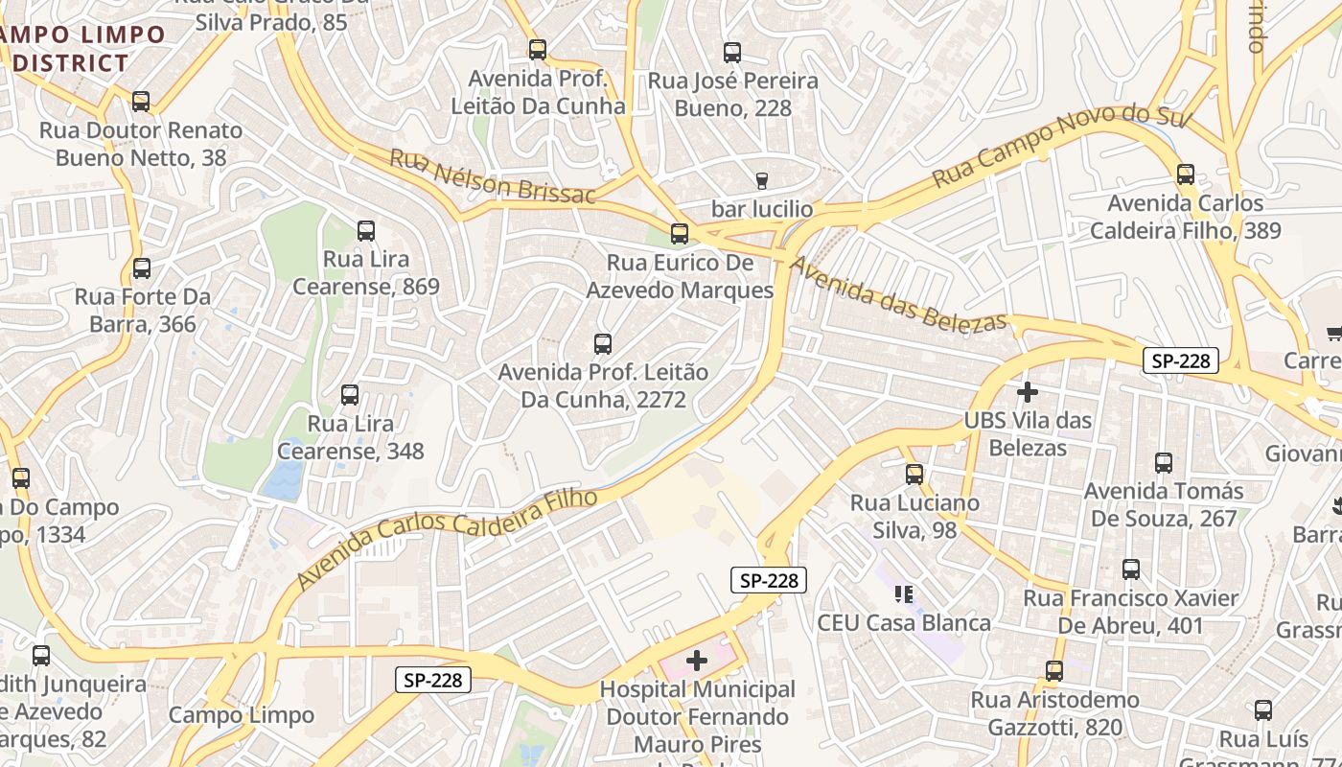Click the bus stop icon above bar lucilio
(x=762, y=180)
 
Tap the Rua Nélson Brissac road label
(x=492, y=177)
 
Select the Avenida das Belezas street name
(x=899, y=292)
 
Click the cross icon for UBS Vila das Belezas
(x=1028, y=391)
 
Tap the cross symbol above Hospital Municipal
(x=697, y=660)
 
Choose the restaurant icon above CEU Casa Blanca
(x=903, y=594)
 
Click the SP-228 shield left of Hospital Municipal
(x=433, y=680)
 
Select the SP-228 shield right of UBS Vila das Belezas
(x=1180, y=360)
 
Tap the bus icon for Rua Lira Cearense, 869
(x=366, y=230)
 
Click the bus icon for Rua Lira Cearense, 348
(x=350, y=394)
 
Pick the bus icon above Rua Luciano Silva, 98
(x=914, y=474)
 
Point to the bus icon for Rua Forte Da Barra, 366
(x=142, y=268)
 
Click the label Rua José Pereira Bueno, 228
(x=733, y=94)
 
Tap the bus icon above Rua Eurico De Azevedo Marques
(x=680, y=233)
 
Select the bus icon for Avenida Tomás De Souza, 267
(x=1164, y=463)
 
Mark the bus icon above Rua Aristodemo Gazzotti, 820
(x=1054, y=671)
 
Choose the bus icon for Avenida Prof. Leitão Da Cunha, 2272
(x=603, y=343)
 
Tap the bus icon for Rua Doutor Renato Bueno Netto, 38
(x=141, y=101)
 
